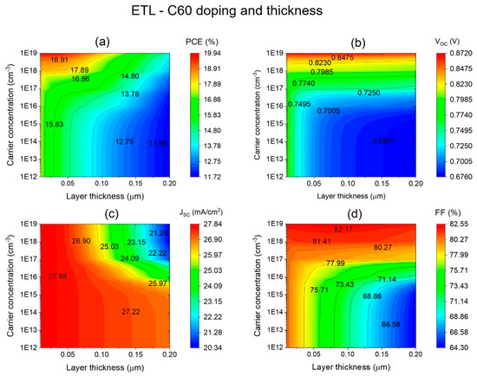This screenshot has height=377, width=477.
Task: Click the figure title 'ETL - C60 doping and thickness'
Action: click(238, 11)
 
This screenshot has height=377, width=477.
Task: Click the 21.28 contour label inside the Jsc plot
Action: click(158, 234)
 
